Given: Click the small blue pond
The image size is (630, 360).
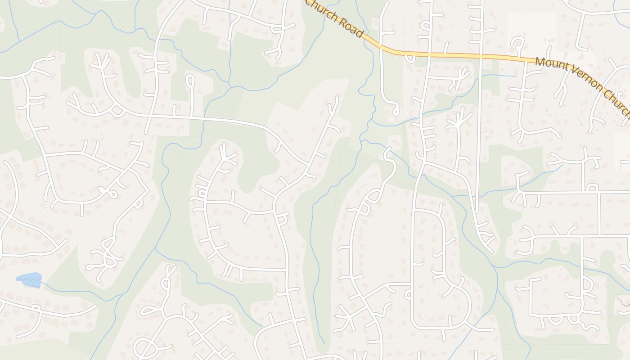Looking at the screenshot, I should (x=30, y=280).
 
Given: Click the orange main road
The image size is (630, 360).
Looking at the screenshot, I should (x=450, y=55).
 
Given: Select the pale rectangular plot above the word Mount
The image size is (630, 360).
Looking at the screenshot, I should (x=531, y=27).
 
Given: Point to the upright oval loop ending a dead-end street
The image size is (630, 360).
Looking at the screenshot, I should (x=190, y=81).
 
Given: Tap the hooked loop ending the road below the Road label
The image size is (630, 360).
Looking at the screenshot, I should (x=395, y=110).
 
